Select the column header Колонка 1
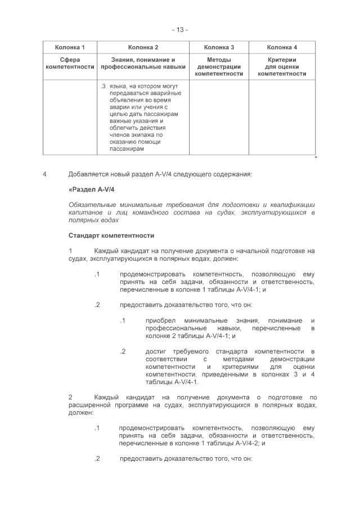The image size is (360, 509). (70, 47)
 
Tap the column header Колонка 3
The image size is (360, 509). (219, 47)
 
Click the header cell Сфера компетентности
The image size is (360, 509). (70, 63)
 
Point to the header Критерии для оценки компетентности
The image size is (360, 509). (282, 66)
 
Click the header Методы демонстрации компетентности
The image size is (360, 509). (219, 66)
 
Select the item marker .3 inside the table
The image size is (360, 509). (103, 86)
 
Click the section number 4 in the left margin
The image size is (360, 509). (44, 174)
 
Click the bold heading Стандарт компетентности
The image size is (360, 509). (111, 235)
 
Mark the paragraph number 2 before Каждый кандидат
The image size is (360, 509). (71, 397)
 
